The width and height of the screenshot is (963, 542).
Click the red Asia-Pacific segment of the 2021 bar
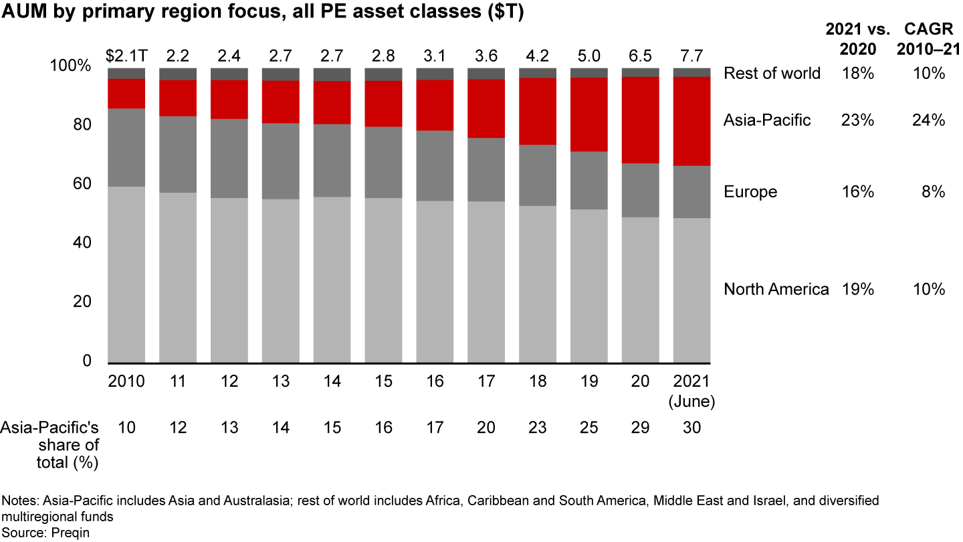click(691, 121)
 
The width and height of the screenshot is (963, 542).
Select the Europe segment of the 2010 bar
click(126, 147)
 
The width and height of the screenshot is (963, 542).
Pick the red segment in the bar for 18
click(538, 111)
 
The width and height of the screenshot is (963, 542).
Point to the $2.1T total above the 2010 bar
click(126, 52)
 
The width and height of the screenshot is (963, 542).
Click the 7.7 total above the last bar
click(691, 52)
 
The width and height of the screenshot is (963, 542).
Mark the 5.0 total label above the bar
click(589, 52)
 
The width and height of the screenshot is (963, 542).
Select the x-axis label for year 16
click(435, 381)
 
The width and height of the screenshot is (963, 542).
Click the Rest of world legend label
click(772, 73)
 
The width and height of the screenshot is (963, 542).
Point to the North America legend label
click(776, 289)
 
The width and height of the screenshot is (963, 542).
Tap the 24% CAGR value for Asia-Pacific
click(930, 120)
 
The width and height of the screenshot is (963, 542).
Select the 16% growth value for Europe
click(859, 192)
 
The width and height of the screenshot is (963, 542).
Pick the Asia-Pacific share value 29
click(641, 427)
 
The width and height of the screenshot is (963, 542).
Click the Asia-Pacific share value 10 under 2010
click(126, 427)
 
